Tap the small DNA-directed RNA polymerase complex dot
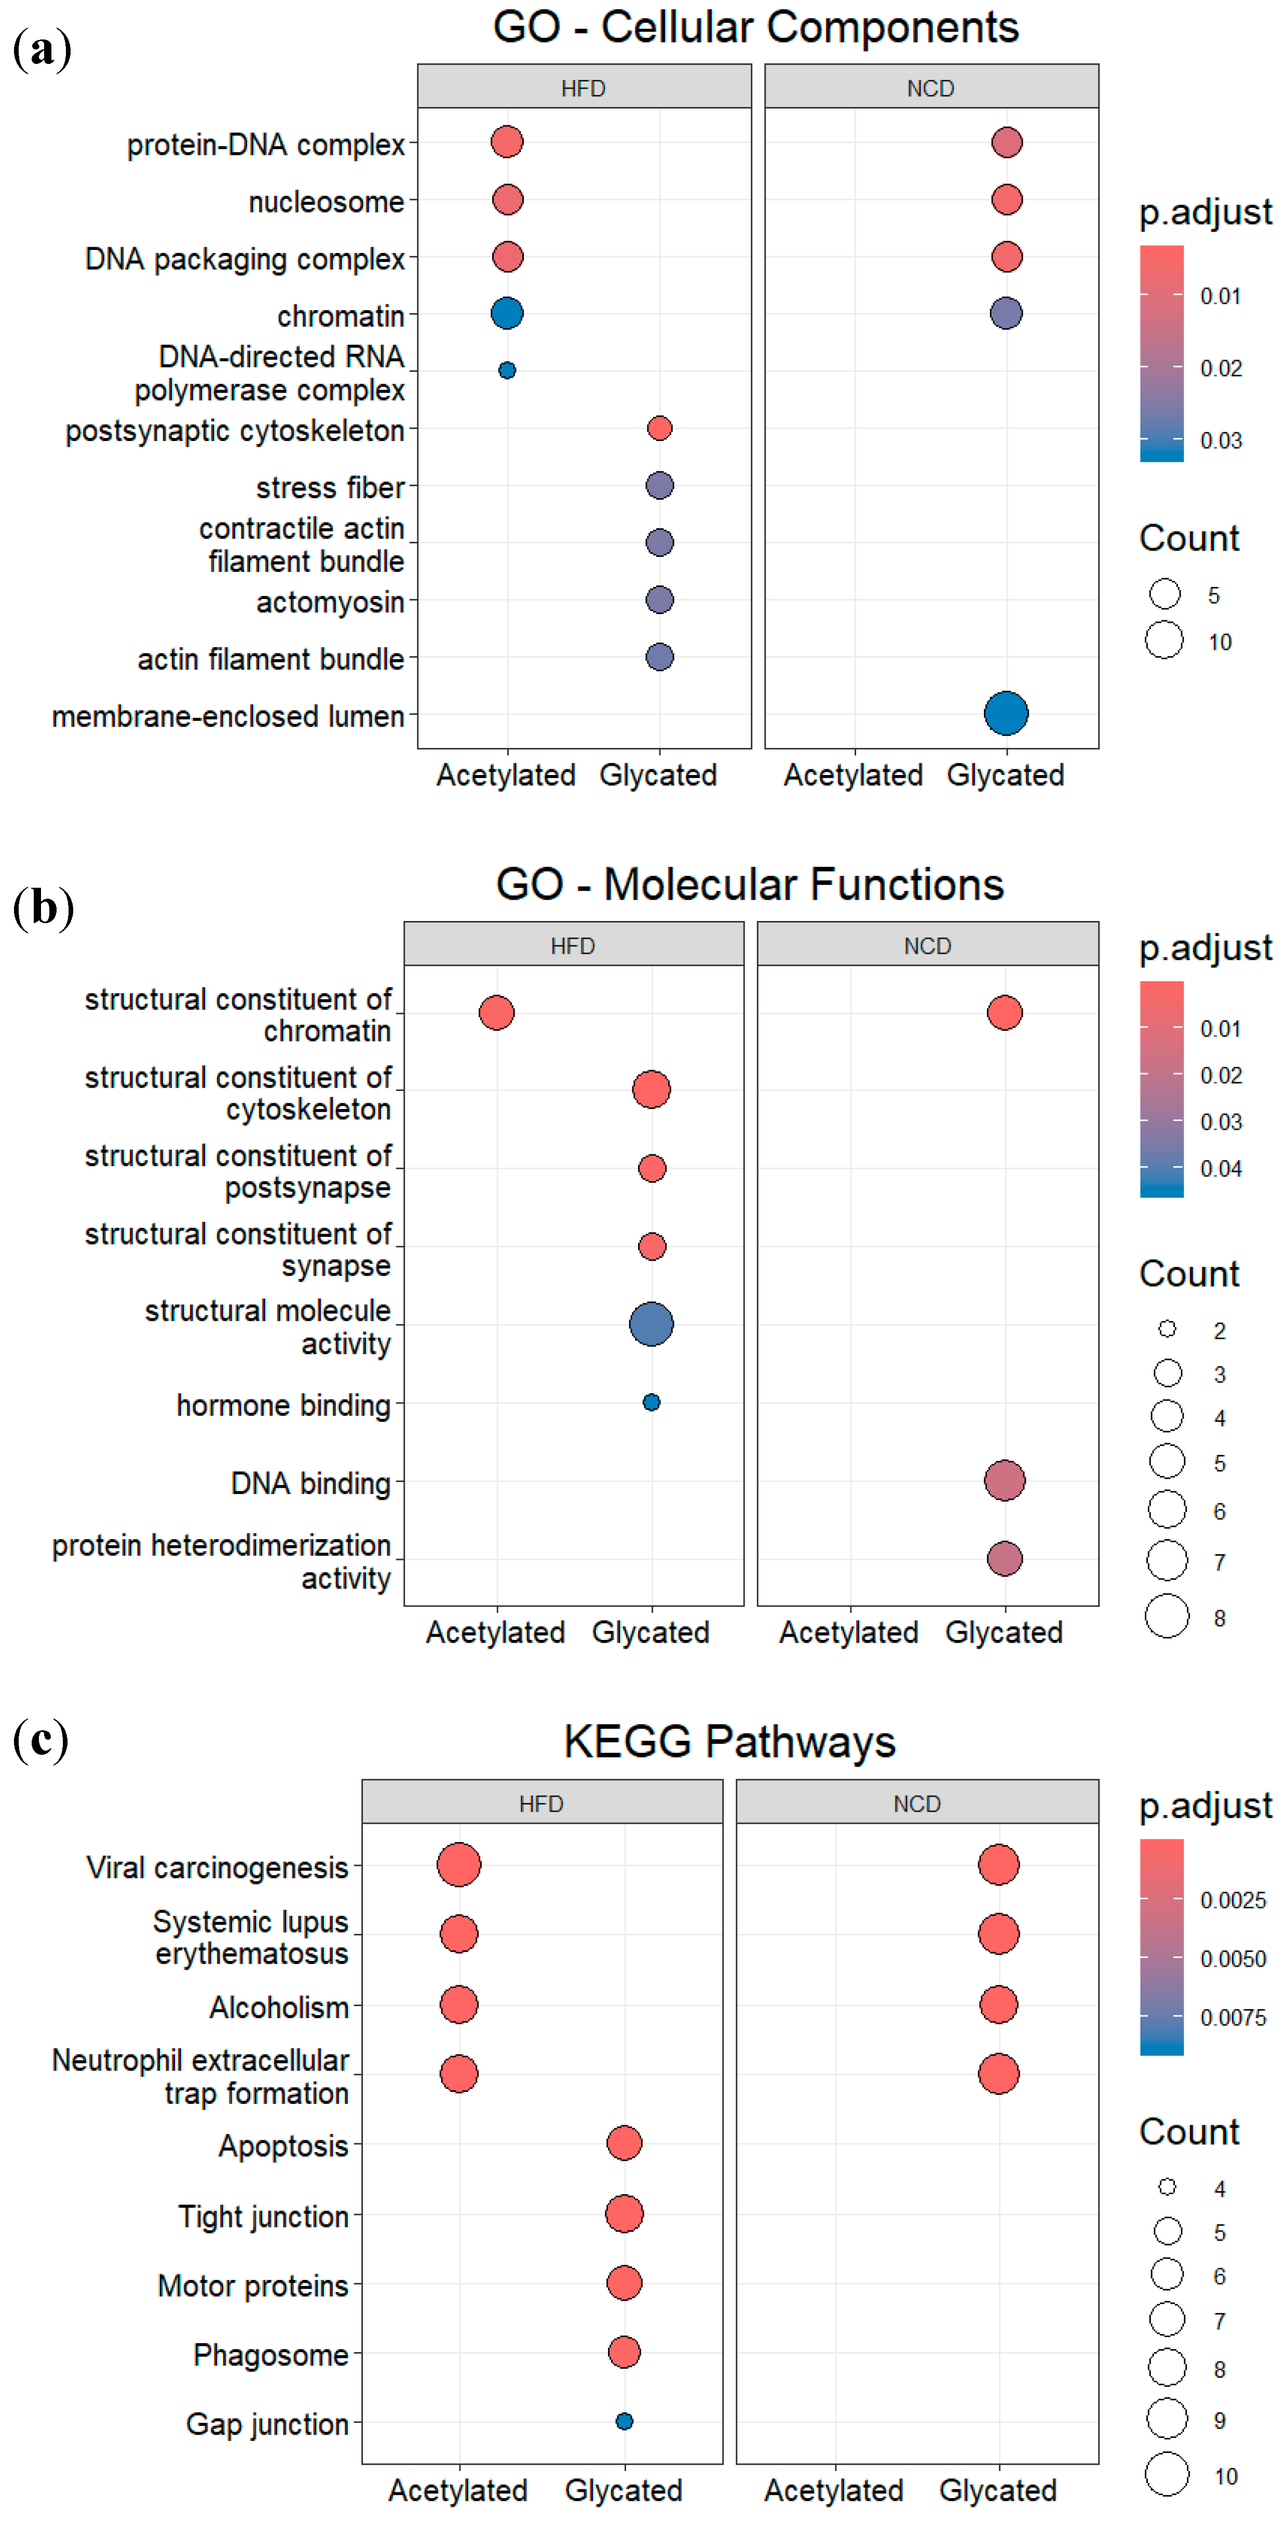[507, 370]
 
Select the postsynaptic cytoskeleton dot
[660, 428]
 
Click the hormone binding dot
[652, 1402]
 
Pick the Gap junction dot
[625, 2421]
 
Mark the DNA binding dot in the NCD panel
[1004, 1480]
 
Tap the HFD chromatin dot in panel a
[507, 313]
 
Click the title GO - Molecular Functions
[750, 884]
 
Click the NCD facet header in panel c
[917, 1804]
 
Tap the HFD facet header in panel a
[584, 88]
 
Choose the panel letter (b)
[43, 908]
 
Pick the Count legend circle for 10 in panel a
[1165, 640]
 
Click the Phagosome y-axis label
[271, 2355]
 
